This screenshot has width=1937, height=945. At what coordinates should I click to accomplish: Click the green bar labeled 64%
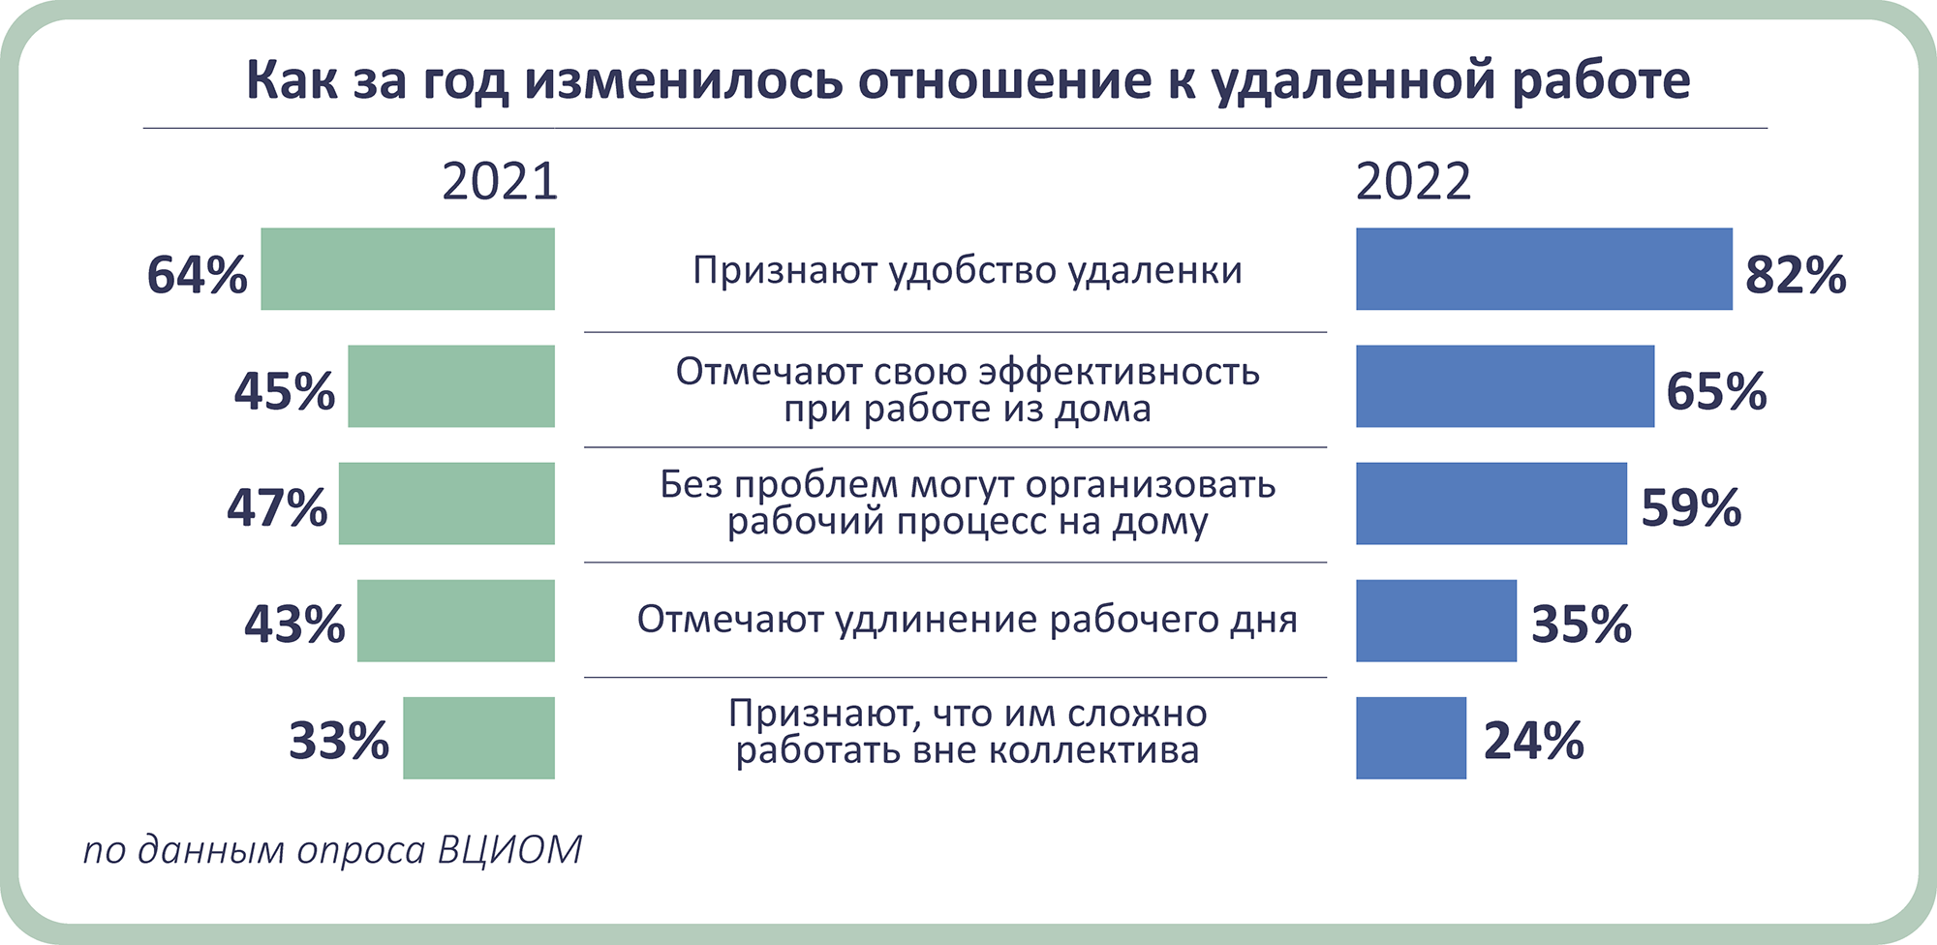click(x=408, y=269)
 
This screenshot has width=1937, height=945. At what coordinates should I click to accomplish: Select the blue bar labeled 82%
click(x=1544, y=269)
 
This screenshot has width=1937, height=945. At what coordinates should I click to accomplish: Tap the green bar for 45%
click(x=451, y=386)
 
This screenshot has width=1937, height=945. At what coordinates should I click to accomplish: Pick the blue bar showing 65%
click(x=1505, y=386)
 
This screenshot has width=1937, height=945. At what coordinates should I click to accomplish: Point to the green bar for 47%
click(x=446, y=503)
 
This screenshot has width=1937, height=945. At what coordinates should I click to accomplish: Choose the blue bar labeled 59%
click(x=1491, y=503)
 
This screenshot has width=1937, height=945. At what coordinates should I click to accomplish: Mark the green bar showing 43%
click(x=456, y=621)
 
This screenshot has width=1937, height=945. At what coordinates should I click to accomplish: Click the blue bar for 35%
click(x=1436, y=621)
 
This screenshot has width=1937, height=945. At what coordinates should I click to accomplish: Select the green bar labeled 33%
click(x=479, y=738)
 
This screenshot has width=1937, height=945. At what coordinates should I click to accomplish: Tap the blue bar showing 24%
click(x=1411, y=738)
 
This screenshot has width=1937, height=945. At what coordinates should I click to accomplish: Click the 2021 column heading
click(x=500, y=181)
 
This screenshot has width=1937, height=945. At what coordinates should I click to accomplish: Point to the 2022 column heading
click(x=1413, y=181)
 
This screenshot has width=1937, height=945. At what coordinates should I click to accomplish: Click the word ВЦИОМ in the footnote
click(x=509, y=849)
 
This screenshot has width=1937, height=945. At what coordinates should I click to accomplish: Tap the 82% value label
click(x=1796, y=275)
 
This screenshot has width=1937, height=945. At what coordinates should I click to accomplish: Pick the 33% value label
click(x=339, y=742)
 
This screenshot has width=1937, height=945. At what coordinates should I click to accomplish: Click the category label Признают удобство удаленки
click(x=968, y=270)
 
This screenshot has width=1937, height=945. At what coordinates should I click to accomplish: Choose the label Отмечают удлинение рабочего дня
click(x=968, y=620)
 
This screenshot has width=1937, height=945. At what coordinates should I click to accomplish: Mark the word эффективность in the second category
click(x=1120, y=371)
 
